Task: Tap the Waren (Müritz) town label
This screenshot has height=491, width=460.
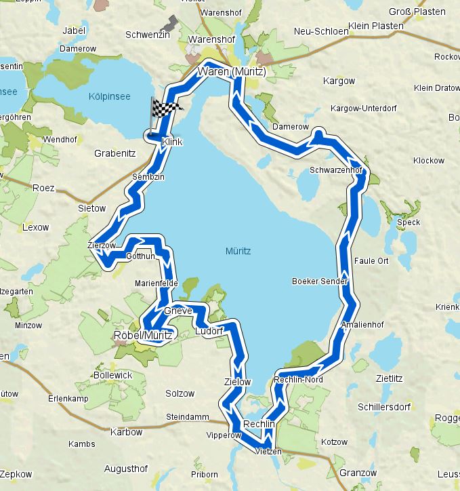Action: pos(232,71)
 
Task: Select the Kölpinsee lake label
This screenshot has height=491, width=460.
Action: pos(109,97)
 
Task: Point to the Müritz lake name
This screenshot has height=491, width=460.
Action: pos(238,251)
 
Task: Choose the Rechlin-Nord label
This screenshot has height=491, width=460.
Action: pos(299,379)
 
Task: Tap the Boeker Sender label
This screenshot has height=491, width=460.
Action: pos(320,281)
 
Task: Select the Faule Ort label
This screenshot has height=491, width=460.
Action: pos(371,260)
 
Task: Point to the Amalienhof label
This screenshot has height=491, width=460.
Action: pos(363,325)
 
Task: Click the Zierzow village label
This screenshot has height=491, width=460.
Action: pos(102,245)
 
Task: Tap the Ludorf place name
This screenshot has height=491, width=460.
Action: pos(209,331)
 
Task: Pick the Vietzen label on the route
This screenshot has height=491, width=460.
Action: pos(268,451)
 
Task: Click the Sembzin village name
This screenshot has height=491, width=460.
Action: pos(149,176)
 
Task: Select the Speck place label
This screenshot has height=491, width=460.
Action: pos(409,222)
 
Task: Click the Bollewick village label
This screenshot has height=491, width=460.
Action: pos(114,375)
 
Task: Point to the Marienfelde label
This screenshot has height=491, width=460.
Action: pos(156,283)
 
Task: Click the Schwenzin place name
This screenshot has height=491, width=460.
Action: pos(147,35)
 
